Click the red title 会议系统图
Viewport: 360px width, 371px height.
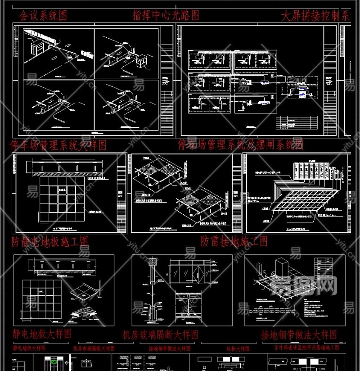[43, 16]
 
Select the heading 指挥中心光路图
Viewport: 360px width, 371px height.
[166, 15]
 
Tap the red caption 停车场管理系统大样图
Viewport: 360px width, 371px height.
[58, 145]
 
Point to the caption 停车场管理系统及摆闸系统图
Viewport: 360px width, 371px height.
[240, 145]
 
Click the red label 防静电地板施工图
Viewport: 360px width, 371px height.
[50, 241]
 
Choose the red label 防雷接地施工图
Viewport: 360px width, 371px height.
[234, 241]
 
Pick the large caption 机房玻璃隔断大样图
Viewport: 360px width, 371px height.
[161, 335]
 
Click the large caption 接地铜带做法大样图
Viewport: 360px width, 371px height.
[299, 335]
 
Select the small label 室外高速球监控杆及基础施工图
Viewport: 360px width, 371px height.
[306, 348]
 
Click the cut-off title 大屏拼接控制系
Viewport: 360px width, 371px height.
[315, 16]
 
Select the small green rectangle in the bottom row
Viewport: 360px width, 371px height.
[54, 362]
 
